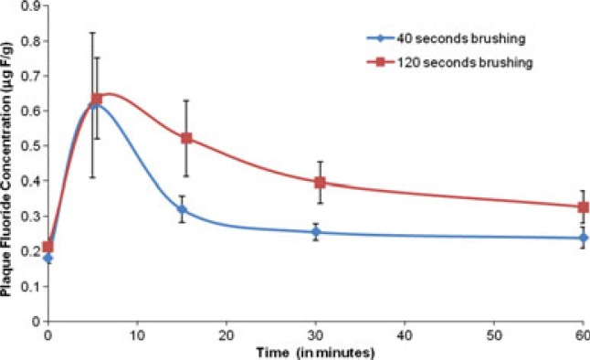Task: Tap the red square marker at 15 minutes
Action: point(186,138)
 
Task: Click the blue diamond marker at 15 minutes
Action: point(182,210)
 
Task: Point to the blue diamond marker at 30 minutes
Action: point(316,232)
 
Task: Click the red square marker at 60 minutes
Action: point(584,207)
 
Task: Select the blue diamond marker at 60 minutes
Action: point(584,238)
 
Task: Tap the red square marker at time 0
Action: point(48,247)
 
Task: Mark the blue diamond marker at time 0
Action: point(48,259)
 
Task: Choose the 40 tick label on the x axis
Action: point(405,334)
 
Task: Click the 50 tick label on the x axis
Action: point(494,334)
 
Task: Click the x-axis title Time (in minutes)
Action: point(316,351)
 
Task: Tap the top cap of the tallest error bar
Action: point(92,33)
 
